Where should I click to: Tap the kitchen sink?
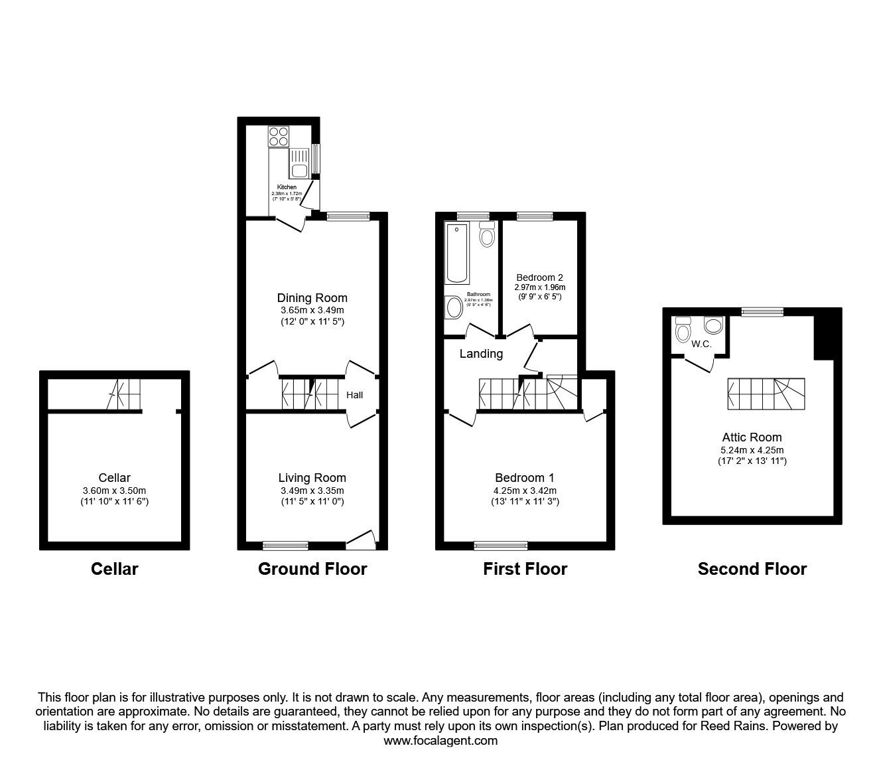(298, 163)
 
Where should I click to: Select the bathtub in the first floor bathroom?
(458, 254)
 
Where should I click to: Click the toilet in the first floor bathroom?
(487, 234)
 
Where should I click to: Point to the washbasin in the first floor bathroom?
(454, 307)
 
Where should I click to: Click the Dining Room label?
(312, 298)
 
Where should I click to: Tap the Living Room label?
(312, 478)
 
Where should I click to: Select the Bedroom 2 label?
(540, 277)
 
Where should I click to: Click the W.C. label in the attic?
(701, 344)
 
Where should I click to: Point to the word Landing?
(481, 354)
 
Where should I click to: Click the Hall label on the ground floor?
(355, 396)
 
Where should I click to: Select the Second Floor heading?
(752, 569)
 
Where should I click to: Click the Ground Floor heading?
(312, 569)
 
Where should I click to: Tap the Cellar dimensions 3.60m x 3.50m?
(114, 491)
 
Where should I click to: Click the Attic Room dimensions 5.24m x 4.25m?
(752, 449)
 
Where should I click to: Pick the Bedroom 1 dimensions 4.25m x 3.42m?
(524, 491)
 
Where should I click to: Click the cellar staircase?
(125, 395)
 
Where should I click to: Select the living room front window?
(285, 546)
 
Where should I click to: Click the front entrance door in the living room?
(361, 540)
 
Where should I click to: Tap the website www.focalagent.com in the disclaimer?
(440, 741)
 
